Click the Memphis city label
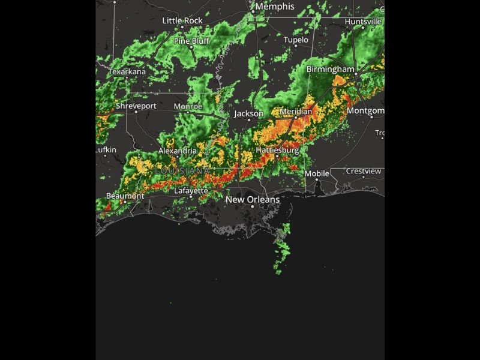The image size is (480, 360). coord(275,7)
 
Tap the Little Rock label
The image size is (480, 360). coord(182,20)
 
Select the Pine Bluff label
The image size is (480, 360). coord(191,41)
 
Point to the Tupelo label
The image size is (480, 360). coord(296,40)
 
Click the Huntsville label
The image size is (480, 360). coord(363,22)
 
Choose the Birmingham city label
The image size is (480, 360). coord(331,70)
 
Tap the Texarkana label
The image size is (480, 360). coord(127,72)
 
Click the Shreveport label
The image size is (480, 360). coord(136,106)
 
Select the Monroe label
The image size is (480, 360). coord(187,106)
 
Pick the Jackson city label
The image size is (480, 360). coord(248,113)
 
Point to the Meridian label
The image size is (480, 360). coord(296,112)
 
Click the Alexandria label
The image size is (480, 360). coord(177,151)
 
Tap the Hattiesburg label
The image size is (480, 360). coord(277,149)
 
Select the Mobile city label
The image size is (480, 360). coord(317,173)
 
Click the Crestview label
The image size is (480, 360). coord(363,171)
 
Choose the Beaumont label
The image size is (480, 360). coord(125,196)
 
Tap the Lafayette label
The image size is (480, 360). coord(191,191)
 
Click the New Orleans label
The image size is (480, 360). coord(252,199)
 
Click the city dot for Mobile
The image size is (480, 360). coord(317,179)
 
